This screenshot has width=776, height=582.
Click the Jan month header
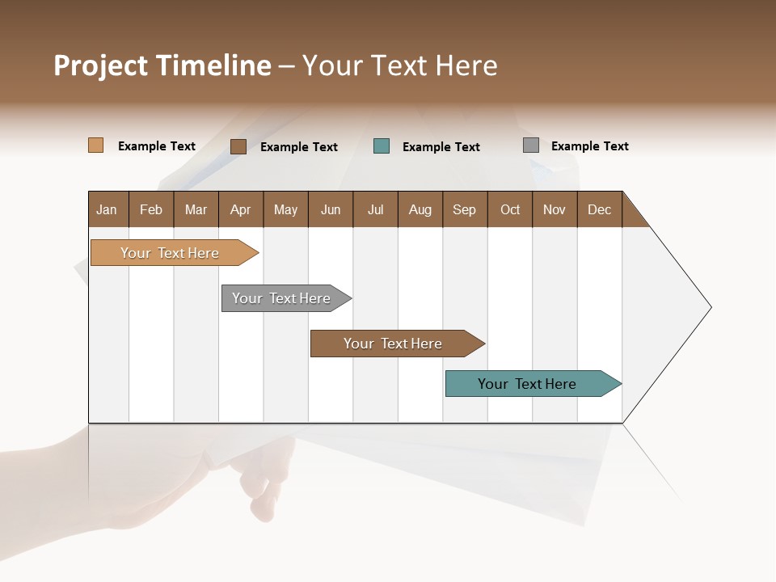(x=108, y=209)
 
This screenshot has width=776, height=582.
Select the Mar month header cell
(x=196, y=209)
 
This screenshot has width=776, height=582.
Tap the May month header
(x=285, y=209)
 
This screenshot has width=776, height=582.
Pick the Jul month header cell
(x=375, y=209)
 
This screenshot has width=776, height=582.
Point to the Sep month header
(x=464, y=209)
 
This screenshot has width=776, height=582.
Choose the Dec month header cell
(x=599, y=209)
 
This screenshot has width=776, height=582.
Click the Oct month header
(x=509, y=209)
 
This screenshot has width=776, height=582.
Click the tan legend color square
(x=96, y=145)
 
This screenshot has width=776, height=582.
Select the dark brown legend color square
(x=238, y=146)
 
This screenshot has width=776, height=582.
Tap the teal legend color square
(x=382, y=146)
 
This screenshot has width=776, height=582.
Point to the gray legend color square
(x=531, y=145)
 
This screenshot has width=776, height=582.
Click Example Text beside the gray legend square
(x=589, y=146)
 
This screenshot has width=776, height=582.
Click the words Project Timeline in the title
(x=162, y=65)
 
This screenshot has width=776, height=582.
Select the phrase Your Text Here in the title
(x=399, y=65)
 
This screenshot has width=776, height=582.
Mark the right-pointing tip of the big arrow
(x=709, y=307)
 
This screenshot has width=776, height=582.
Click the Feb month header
(x=151, y=209)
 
